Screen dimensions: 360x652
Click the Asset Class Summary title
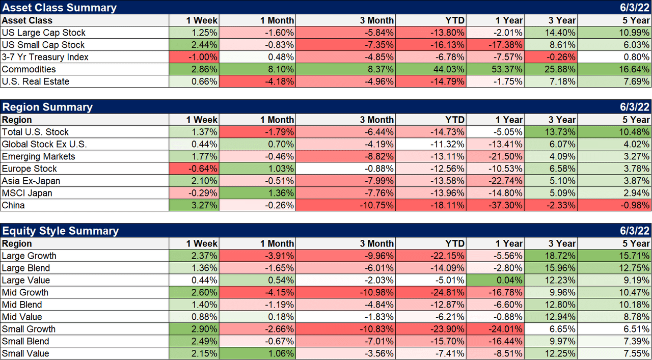60,8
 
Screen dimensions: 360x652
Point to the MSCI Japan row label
27,193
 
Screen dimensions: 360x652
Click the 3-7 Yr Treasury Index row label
45,57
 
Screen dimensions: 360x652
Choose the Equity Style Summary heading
61,231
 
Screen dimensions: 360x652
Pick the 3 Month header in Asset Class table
376,20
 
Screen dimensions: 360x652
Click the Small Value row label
25,353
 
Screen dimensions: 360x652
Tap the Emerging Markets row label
38,156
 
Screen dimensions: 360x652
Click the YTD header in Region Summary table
454,120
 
